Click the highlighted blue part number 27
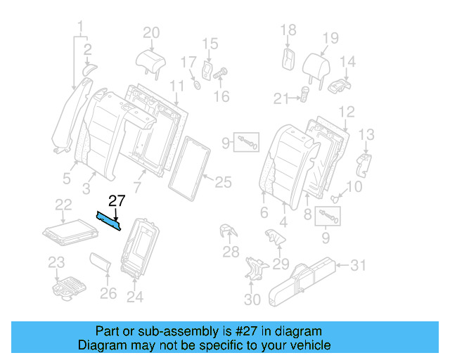(x=109, y=221)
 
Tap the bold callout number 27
(x=116, y=201)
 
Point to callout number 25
(x=223, y=183)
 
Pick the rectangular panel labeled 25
(x=193, y=164)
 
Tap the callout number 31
(x=359, y=265)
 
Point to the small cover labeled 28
(x=227, y=232)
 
